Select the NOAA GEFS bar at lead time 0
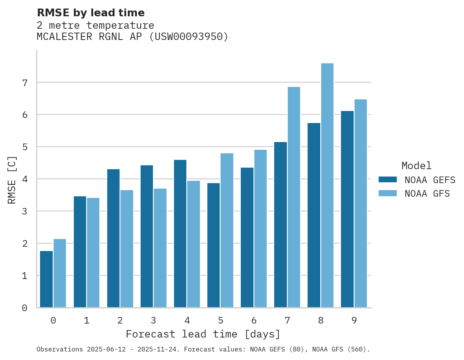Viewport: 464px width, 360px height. click(x=47, y=279)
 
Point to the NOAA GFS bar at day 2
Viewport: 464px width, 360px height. click(x=127, y=249)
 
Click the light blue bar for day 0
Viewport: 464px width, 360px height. click(x=60, y=273)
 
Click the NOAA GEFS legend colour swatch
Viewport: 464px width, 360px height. click(x=388, y=180)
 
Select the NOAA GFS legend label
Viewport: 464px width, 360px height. click(x=427, y=194)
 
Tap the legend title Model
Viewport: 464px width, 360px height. click(x=416, y=166)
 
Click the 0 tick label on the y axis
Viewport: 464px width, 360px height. click(x=24, y=308)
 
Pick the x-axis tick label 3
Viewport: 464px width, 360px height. click(x=153, y=320)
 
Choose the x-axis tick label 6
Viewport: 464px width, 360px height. click(x=254, y=320)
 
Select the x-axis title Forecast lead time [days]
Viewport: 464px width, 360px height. click(x=203, y=334)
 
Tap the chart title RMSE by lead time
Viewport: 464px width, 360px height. click(x=90, y=13)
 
